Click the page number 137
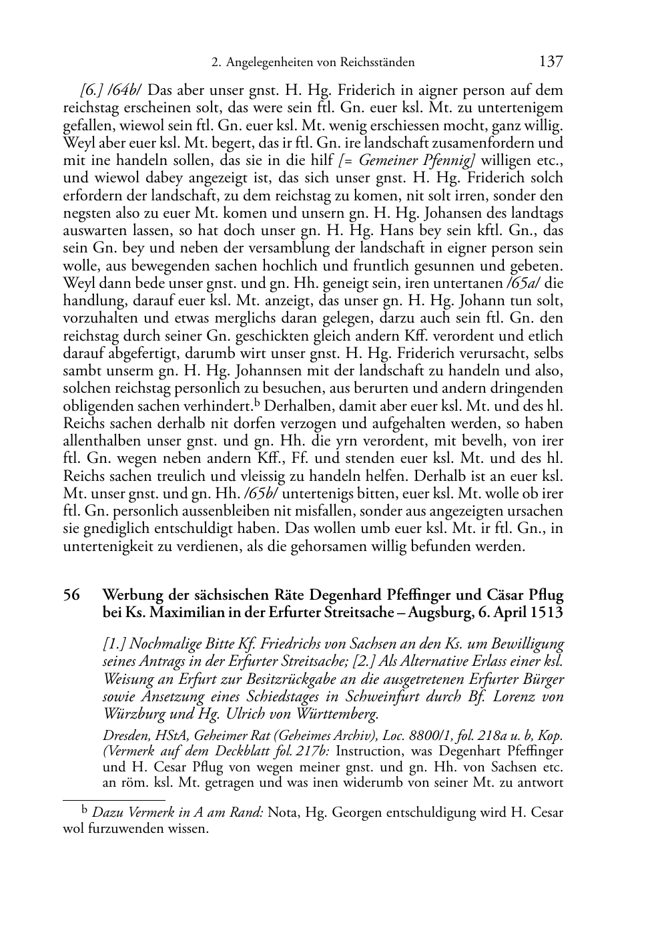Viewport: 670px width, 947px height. [551, 62]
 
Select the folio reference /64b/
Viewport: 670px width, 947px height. [129, 90]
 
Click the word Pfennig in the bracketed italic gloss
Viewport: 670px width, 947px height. [448, 160]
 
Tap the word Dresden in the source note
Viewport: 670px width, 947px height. [122, 736]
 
